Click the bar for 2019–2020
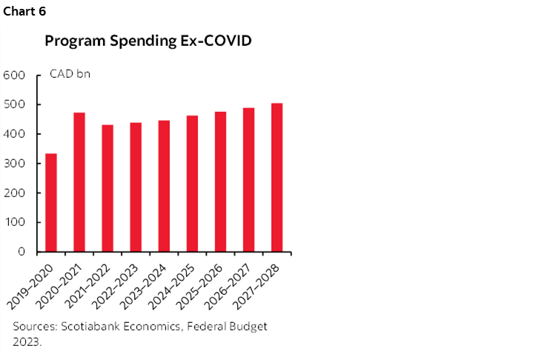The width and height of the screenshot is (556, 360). click(51, 202)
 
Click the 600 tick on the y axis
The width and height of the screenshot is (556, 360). click(15, 76)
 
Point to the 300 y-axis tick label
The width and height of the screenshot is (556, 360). click(15, 164)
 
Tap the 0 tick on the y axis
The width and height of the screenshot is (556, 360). click(21, 252)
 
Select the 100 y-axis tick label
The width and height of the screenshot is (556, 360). click(15, 222)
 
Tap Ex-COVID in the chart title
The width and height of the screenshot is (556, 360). click(216, 41)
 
